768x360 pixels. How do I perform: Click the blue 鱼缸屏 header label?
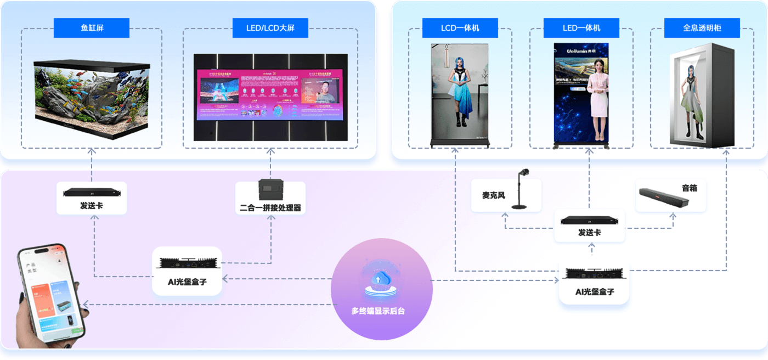coord(92,28)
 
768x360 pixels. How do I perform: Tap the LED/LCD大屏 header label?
coord(270,28)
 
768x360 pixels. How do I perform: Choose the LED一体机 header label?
coord(581,28)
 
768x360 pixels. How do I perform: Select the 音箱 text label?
coord(690,188)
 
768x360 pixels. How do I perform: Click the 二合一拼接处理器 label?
coord(270,208)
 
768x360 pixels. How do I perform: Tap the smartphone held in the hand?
coord(50,296)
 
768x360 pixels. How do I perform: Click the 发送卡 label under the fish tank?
coord(92,206)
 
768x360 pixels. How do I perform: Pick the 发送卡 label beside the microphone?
coord(589,233)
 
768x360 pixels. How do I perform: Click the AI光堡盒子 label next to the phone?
coord(187,282)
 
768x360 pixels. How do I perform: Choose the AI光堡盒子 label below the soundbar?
coord(594,291)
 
